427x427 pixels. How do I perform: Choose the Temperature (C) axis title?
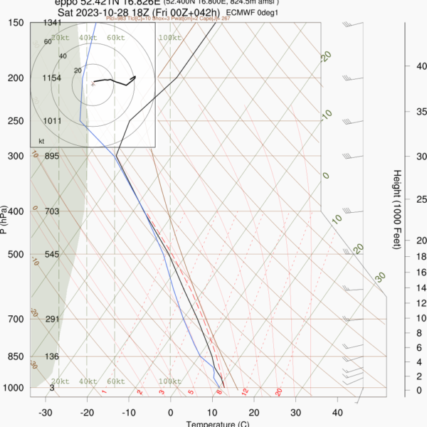point(217,424)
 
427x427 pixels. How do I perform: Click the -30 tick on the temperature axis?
point(46,413)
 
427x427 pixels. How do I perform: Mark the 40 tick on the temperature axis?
point(337,413)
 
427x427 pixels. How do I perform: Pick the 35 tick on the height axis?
point(421,112)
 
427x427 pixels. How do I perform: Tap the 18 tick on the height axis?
point(421,256)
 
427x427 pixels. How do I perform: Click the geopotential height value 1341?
point(52,23)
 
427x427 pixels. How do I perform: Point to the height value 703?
point(51,211)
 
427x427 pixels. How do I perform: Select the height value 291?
point(51,320)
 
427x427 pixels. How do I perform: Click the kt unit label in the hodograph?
point(41,141)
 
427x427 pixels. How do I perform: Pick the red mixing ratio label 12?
point(245,391)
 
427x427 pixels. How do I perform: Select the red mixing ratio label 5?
point(191,391)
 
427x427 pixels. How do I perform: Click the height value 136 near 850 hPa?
point(51,357)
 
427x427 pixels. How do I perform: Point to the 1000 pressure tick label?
point(14,388)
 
